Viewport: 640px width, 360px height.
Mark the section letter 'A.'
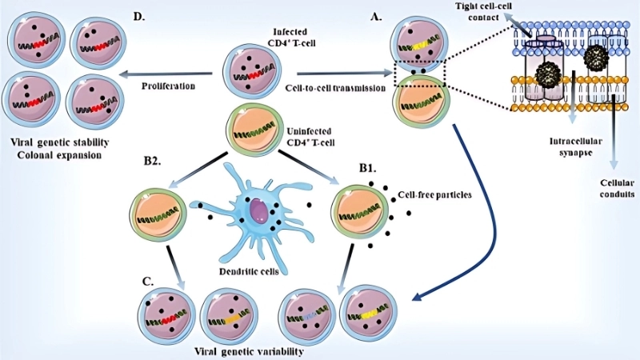point(371,15)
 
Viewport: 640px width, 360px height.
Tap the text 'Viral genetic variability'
point(249,350)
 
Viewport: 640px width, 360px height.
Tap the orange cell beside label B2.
point(156,214)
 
